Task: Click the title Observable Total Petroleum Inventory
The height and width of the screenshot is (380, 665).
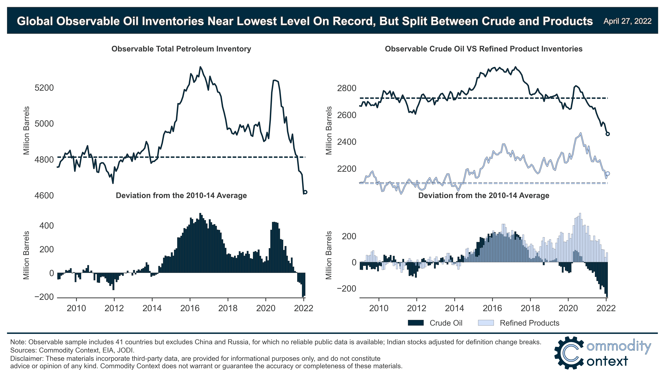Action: (181, 49)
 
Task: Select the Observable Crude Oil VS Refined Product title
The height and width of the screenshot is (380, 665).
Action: (484, 49)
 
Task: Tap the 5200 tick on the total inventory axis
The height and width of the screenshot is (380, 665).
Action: (44, 88)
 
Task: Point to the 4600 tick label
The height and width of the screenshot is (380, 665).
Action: (44, 196)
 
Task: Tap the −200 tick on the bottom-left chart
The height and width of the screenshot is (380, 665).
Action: (44, 297)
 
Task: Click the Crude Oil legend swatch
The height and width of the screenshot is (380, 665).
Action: (416, 323)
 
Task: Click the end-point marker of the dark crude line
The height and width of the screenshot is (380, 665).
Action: (608, 134)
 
